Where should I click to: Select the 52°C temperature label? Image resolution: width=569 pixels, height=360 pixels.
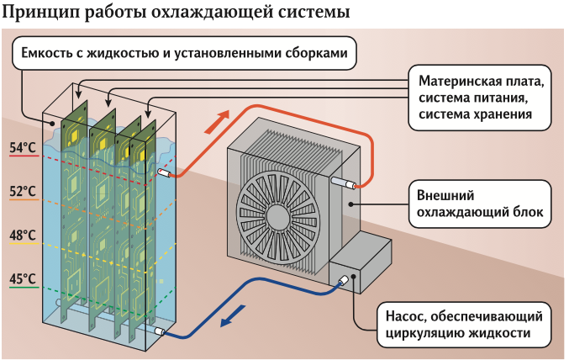tap(23, 192)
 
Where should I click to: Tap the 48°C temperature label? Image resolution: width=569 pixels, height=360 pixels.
tap(23, 236)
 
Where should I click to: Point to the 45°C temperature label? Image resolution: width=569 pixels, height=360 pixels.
tap(23, 278)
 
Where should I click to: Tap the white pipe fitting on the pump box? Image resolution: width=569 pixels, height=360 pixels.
tap(344, 282)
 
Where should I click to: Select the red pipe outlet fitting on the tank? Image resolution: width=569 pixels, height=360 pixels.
tap(165, 173)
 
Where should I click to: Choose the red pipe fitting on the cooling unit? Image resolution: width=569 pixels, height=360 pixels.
tap(345, 182)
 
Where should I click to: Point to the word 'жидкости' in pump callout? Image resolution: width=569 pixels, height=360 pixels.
tap(498, 333)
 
